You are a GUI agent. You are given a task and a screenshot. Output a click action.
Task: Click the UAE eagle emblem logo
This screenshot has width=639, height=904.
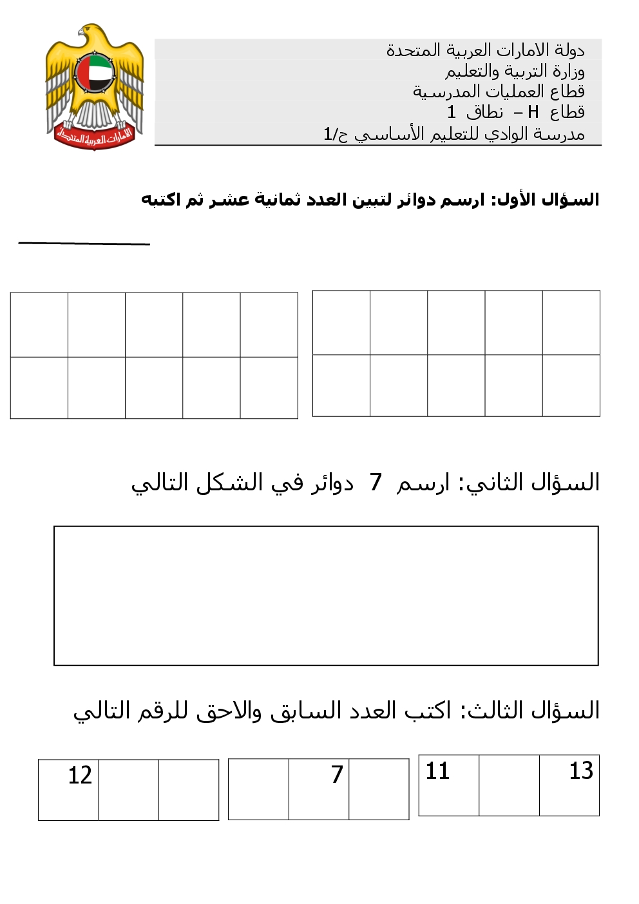94,87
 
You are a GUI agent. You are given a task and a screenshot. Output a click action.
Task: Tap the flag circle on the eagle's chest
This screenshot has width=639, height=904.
94,73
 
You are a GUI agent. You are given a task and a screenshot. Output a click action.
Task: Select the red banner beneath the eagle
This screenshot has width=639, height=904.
94,136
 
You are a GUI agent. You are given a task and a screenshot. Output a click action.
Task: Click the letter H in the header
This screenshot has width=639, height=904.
533,112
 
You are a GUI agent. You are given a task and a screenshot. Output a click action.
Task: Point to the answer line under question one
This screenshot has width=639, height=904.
84,243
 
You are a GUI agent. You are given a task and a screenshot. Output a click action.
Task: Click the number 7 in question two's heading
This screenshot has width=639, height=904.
376,482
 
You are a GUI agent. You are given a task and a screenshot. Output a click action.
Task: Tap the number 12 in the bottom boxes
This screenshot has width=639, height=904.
80,775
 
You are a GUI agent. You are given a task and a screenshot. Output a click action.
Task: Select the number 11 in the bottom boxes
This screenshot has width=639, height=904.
437,771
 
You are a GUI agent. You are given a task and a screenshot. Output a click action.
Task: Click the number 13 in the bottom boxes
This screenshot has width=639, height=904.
580,771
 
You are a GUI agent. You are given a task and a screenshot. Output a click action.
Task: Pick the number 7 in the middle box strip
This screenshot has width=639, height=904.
337,774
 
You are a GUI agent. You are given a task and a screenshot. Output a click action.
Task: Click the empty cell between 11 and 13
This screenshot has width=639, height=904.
509,785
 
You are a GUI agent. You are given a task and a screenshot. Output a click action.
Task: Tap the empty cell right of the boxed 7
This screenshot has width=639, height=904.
379,789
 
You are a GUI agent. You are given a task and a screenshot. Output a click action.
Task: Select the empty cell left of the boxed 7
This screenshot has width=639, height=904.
258,789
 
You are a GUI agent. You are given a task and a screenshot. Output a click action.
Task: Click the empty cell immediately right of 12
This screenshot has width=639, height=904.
128,790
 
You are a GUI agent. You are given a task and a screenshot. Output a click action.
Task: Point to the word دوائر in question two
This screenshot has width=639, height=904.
332,483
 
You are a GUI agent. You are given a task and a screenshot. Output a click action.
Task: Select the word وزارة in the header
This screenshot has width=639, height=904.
567,71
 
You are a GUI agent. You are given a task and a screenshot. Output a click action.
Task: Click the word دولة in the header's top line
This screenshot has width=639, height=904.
569,50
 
